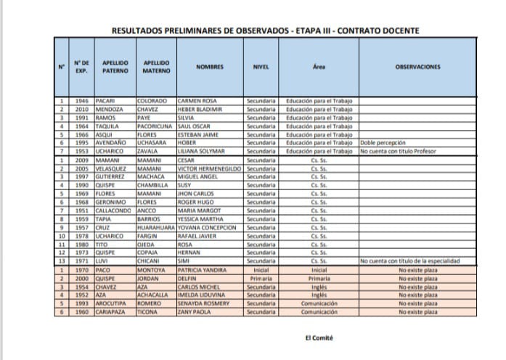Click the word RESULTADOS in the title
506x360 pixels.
tap(136, 30)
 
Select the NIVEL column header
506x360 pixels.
tap(261, 67)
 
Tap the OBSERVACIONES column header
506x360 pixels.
tap(417, 67)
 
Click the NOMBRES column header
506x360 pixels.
tap(210, 67)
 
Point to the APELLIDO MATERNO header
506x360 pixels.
tap(157, 67)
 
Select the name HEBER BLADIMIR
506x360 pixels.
tap(200, 109)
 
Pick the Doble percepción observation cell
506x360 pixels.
tap(383, 143)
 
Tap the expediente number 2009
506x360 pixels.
tap(81, 160)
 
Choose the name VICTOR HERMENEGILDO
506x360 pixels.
tap(210, 168)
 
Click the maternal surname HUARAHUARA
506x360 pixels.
tap(156, 227)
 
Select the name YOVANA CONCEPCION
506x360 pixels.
tap(206, 227)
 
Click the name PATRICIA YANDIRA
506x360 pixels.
tap(204, 270)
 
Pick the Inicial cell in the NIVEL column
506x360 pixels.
tap(261, 270)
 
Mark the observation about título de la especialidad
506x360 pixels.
tap(409, 261)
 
